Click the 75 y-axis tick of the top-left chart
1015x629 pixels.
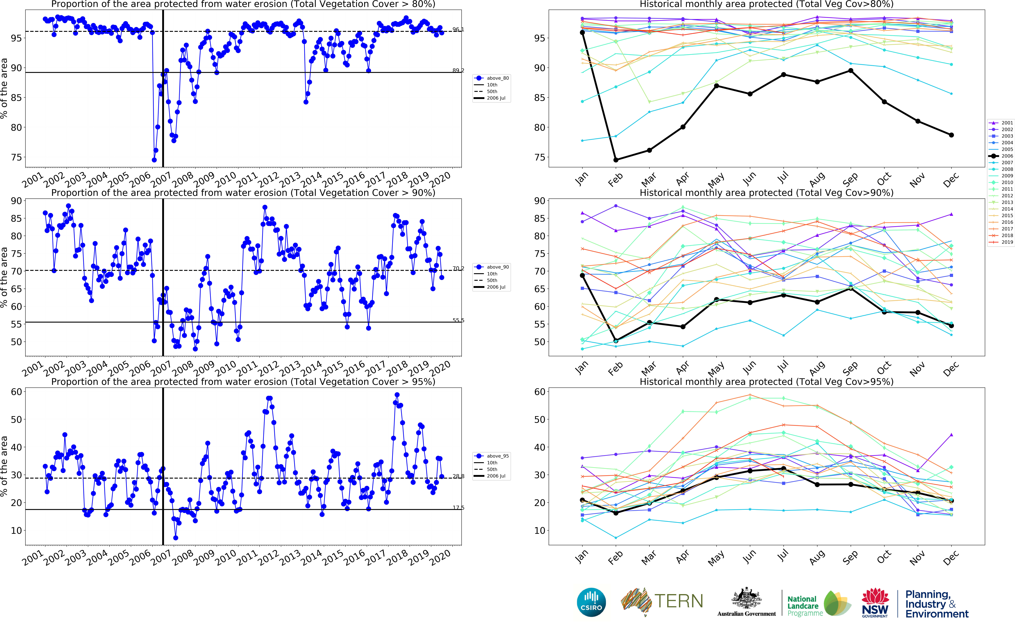point(16,157)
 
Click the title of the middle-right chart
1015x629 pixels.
point(766,193)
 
